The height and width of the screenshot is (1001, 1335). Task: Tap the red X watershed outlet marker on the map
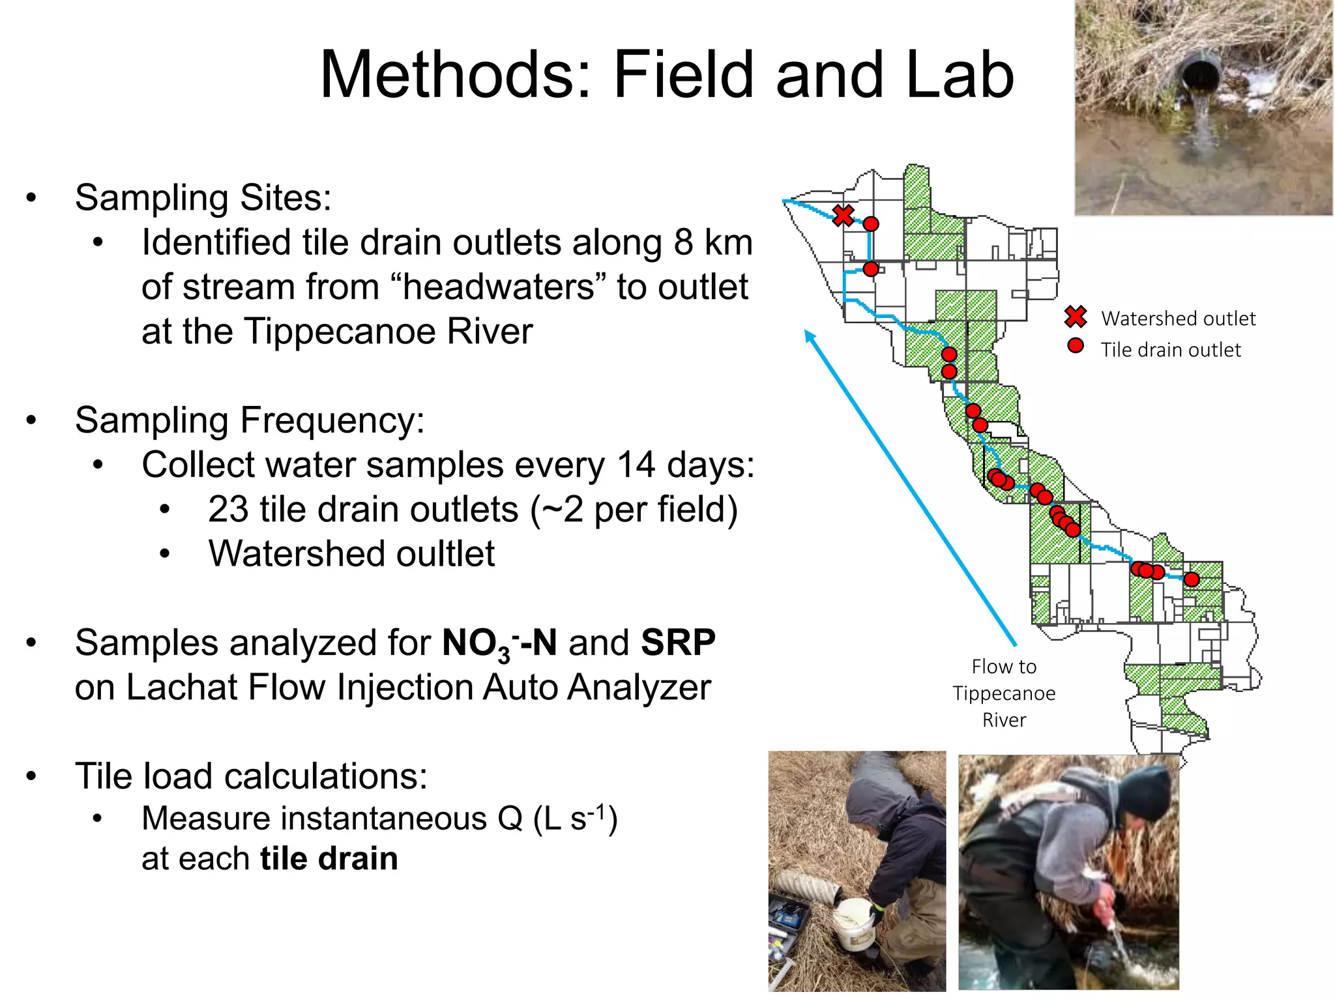pos(843,215)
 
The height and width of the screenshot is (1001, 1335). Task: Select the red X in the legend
pos(1076,317)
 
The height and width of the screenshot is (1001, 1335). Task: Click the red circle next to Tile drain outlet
pos(1076,346)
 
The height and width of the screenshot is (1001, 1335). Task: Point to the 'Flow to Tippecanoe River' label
pos(1004,693)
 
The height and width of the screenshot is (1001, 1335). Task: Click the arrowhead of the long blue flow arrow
pos(810,336)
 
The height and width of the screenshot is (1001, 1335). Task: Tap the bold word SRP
pos(678,643)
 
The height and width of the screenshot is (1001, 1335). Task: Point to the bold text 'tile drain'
pos(329,858)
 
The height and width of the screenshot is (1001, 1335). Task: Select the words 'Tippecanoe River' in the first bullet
pos(389,331)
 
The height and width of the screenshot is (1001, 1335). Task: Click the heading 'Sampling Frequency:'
pos(250,420)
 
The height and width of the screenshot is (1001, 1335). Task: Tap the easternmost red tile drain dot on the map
pos(1191,579)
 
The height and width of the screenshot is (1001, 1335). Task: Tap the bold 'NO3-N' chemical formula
pos(499,644)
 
